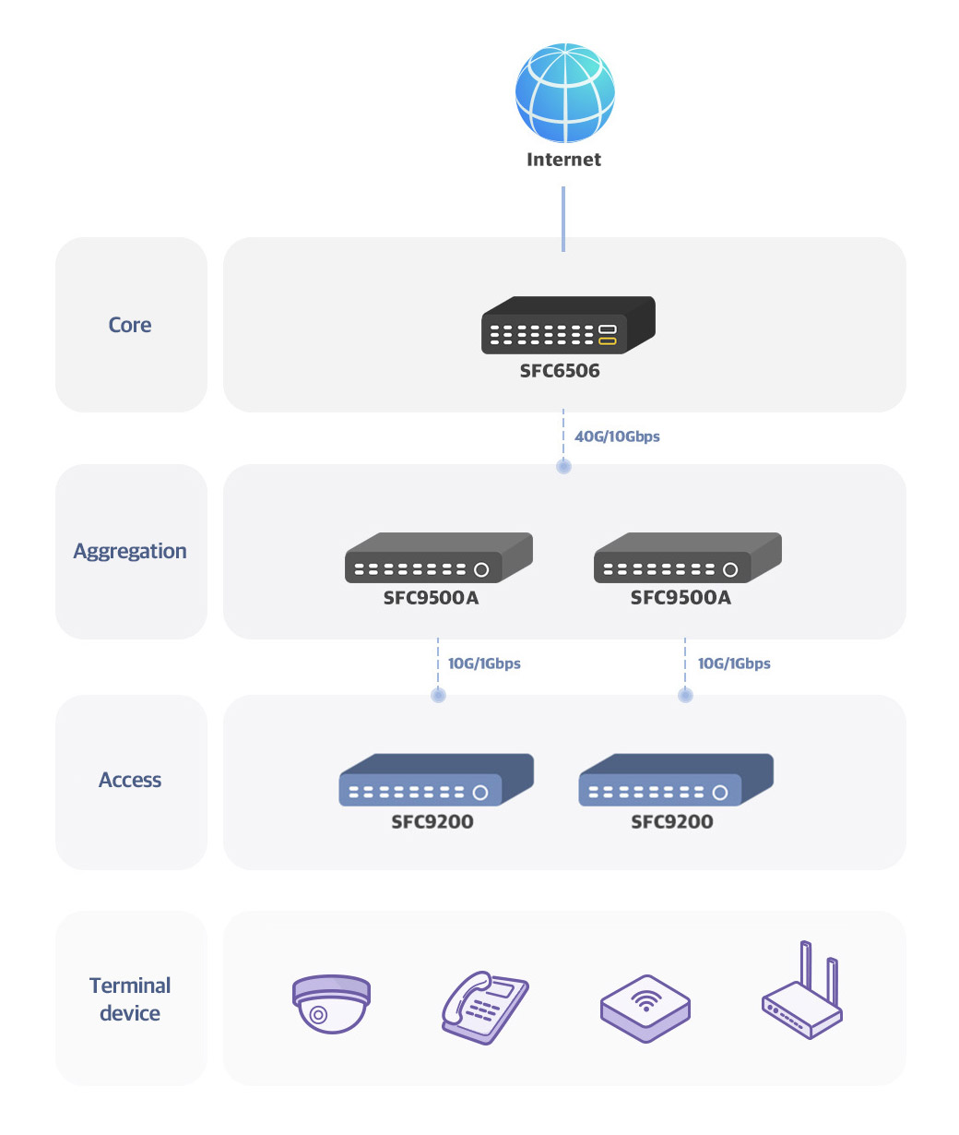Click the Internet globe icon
[x=564, y=92]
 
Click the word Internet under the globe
[x=563, y=160]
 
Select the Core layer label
[x=129, y=325]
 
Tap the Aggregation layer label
[x=130, y=551]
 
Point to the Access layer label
[x=130, y=780]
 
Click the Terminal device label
[x=130, y=998]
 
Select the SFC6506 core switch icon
[x=568, y=325]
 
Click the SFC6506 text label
[x=560, y=371]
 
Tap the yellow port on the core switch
[x=607, y=341]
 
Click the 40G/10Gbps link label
[x=617, y=436]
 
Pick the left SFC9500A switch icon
[x=438, y=557]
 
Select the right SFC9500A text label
[x=681, y=597]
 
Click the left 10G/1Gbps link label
[x=484, y=663]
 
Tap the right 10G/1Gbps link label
[x=733, y=663]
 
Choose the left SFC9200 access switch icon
[x=436, y=780]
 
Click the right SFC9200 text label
[x=671, y=821]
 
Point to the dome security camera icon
[x=331, y=1004]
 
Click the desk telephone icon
[x=484, y=1007]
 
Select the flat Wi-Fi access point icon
[x=645, y=1009]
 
